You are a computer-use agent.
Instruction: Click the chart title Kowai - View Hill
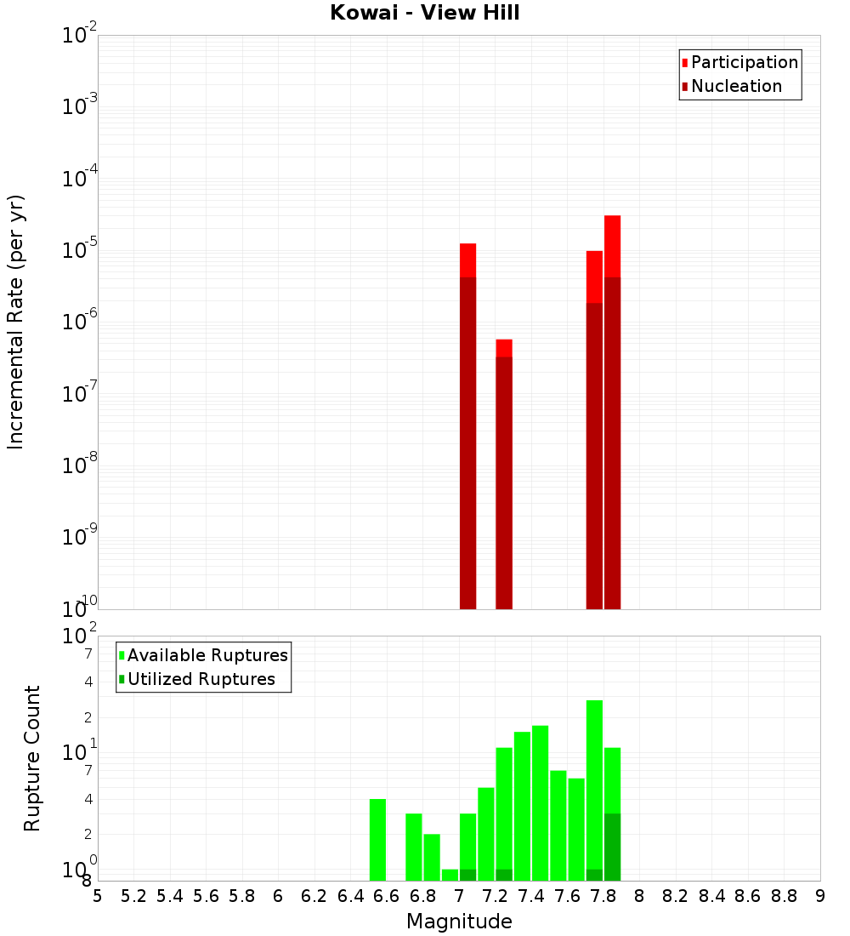[424, 14]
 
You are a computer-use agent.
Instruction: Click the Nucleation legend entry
[736, 86]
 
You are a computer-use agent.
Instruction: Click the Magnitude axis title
[459, 921]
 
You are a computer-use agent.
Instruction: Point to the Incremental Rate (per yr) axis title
[16, 322]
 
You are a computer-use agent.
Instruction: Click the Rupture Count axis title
[32, 758]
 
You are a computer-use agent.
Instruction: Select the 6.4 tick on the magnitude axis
[350, 896]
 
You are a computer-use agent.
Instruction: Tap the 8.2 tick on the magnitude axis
[676, 896]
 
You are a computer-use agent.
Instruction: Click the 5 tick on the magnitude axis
[98, 896]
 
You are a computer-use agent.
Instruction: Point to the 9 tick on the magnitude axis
[820, 896]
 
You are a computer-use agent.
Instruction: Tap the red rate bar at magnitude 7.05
[467, 425]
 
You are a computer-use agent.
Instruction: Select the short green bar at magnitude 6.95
[450, 875]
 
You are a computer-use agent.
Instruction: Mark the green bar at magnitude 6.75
[414, 847]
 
